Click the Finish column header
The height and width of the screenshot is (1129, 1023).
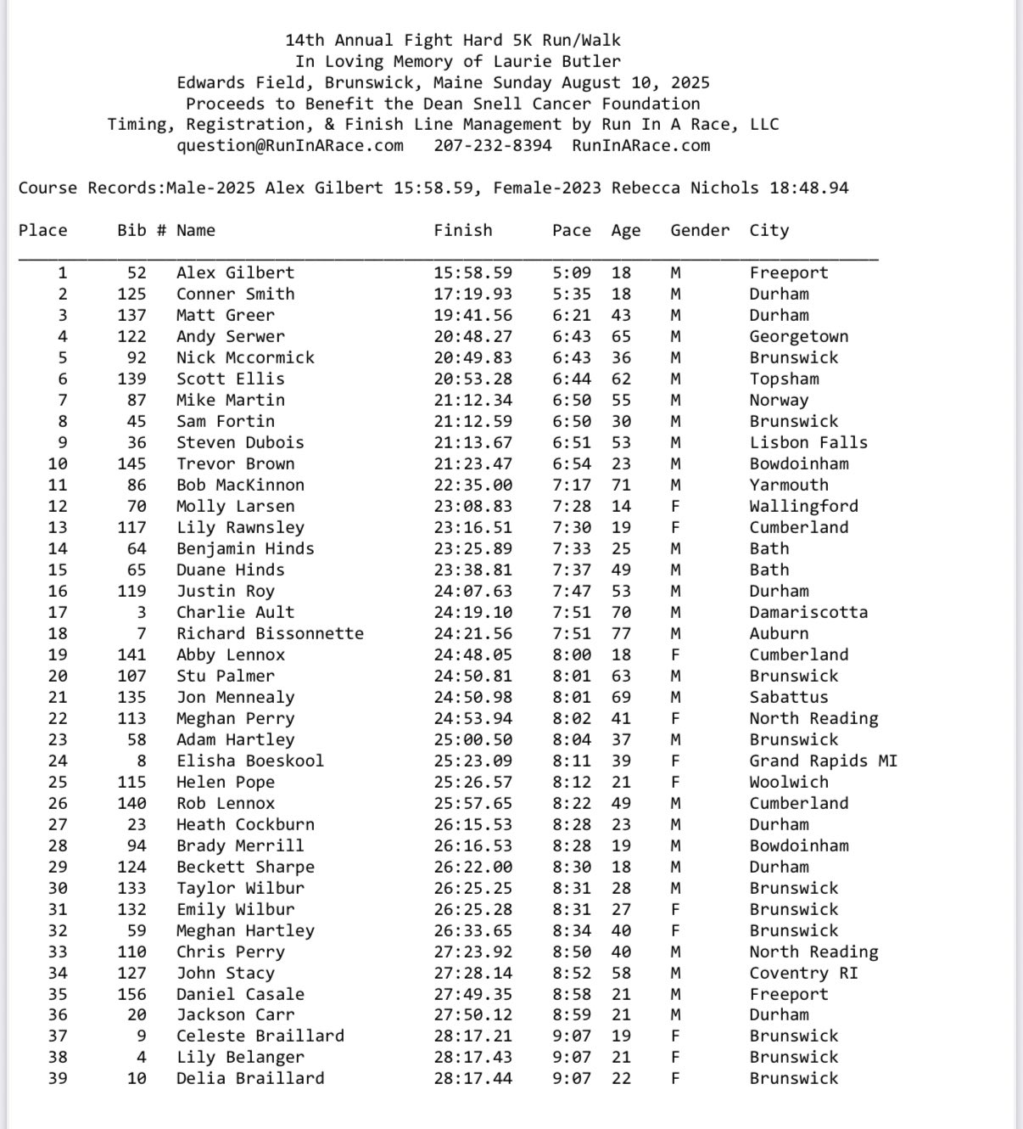point(462,230)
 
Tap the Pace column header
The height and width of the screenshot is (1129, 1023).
point(571,230)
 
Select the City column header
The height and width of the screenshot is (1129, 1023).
point(769,230)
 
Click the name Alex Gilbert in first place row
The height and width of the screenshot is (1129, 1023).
point(235,272)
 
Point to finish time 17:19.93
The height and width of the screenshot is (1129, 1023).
point(472,294)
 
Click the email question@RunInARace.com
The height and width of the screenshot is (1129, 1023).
point(290,145)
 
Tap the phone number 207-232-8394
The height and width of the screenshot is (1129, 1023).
point(492,145)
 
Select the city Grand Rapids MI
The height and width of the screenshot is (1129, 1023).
point(823,761)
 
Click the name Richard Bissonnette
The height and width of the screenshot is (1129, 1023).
point(270,633)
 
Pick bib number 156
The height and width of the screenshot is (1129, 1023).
point(131,994)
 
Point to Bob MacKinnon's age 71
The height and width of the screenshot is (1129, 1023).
point(621,485)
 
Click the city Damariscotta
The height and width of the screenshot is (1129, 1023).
point(808,612)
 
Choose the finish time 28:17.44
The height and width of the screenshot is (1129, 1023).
point(472,1078)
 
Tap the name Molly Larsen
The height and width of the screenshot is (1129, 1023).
point(235,506)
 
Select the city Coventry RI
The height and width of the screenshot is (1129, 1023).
point(803,973)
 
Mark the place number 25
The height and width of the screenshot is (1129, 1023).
point(58,782)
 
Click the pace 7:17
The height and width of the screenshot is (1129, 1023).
point(571,485)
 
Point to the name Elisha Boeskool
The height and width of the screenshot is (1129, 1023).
point(250,761)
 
